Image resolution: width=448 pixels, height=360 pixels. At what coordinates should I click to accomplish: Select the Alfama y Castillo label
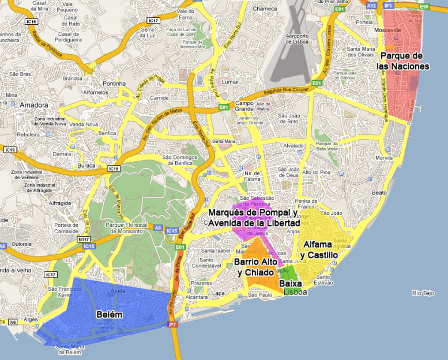(x=319, y=249)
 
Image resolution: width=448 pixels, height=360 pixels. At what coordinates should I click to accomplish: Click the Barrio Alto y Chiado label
(x=254, y=267)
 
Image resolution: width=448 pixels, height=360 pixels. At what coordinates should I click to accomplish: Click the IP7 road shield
(x=172, y=325)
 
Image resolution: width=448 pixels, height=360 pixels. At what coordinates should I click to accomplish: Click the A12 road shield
(x=371, y=5)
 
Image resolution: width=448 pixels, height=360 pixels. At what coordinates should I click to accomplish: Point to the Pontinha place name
(x=114, y=84)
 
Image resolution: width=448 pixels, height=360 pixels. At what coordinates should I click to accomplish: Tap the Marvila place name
(x=384, y=158)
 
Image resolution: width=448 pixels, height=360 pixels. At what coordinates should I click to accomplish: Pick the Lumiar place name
(x=229, y=82)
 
